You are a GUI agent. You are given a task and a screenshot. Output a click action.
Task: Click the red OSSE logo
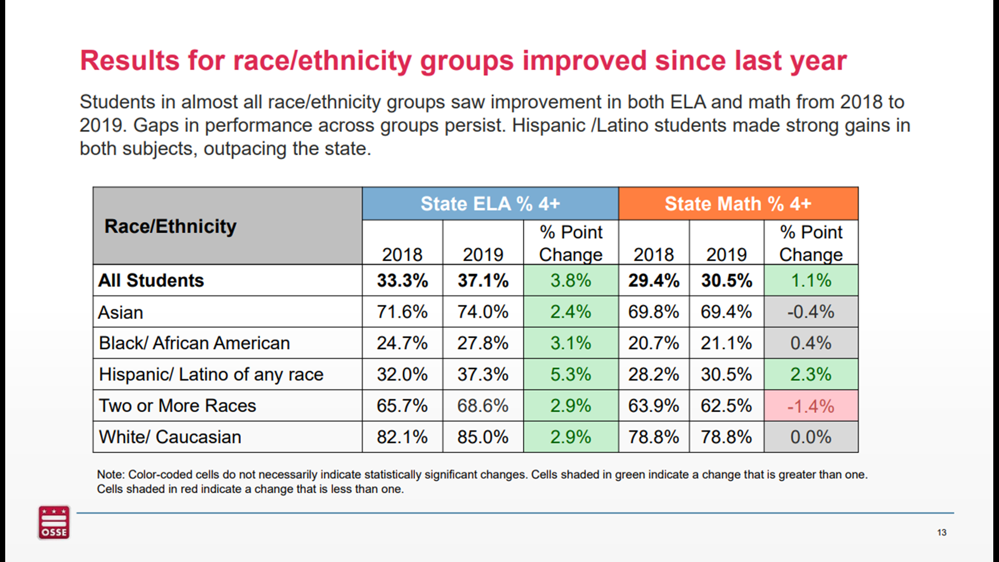pyautogui.click(x=54, y=522)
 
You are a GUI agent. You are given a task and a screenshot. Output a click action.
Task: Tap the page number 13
pyautogui.click(x=941, y=532)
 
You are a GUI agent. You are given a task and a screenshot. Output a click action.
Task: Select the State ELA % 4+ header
pyautogui.click(x=490, y=203)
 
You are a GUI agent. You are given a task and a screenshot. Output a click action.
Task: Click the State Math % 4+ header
pyautogui.click(x=738, y=203)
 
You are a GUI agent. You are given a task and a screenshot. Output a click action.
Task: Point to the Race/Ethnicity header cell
pyautogui.click(x=170, y=226)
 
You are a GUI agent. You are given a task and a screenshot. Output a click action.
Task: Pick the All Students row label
pyautogui.click(x=151, y=280)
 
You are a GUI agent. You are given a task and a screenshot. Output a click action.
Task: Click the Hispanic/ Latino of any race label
pyautogui.click(x=211, y=374)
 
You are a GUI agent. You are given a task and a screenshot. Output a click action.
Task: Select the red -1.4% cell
pyautogui.click(x=811, y=406)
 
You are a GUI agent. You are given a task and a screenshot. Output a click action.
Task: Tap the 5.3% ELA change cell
pyautogui.click(x=571, y=374)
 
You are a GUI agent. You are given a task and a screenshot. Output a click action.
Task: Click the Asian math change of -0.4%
pyautogui.click(x=811, y=312)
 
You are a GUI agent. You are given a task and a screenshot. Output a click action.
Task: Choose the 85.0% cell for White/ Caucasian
pyautogui.click(x=482, y=437)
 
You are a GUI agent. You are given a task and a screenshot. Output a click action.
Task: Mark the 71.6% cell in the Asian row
pyautogui.click(x=402, y=312)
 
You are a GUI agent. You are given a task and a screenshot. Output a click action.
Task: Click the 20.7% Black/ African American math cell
pyautogui.click(x=654, y=343)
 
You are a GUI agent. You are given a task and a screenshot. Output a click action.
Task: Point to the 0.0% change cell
pyautogui.click(x=811, y=437)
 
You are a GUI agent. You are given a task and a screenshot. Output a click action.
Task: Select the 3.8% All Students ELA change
pyautogui.click(x=571, y=280)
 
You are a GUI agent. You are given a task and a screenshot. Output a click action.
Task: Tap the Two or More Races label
pyautogui.click(x=177, y=406)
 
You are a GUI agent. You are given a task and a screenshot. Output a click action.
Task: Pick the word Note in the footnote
pyautogui.click(x=110, y=475)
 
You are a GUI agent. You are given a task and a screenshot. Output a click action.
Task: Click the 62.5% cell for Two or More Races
pyautogui.click(x=726, y=406)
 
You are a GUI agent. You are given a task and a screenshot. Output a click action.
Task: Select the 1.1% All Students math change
pyautogui.click(x=811, y=280)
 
